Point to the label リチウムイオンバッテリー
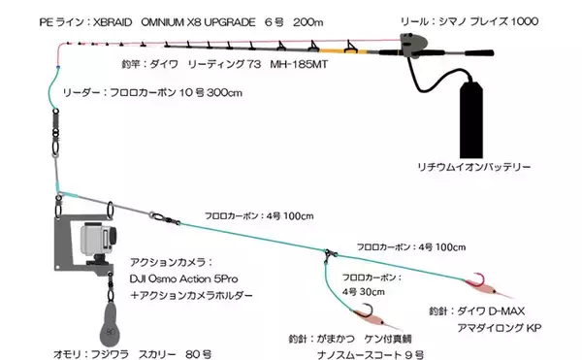472,167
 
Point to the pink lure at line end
481,283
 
